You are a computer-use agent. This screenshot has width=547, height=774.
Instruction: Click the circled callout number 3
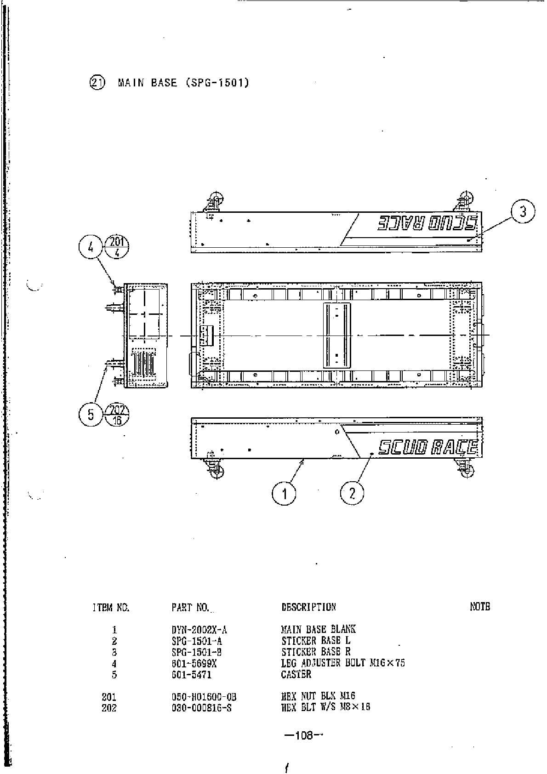(523, 212)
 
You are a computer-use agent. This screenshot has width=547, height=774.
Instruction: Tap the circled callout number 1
(284, 494)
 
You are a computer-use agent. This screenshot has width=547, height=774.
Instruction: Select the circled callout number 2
(352, 494)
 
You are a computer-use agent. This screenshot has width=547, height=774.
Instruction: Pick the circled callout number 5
(91, 415)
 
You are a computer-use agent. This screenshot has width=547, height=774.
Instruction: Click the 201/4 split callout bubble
(117, 247)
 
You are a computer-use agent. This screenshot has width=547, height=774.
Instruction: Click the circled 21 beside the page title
(97, 83)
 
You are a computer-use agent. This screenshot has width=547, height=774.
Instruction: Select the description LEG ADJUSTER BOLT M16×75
(343, 663)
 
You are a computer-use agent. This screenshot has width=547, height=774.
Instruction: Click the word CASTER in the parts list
(296, 674)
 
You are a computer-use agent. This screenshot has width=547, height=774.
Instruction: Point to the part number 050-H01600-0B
(204, 697)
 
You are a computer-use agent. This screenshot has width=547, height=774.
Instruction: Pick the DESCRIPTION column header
(308, 607)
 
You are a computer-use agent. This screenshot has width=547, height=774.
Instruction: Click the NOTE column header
(480, 607)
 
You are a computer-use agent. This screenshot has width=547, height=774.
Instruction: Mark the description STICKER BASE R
(316, 652)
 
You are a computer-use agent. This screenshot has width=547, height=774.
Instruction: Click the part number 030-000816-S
(201, 708)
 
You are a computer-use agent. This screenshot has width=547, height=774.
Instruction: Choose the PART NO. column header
(190, 607)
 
